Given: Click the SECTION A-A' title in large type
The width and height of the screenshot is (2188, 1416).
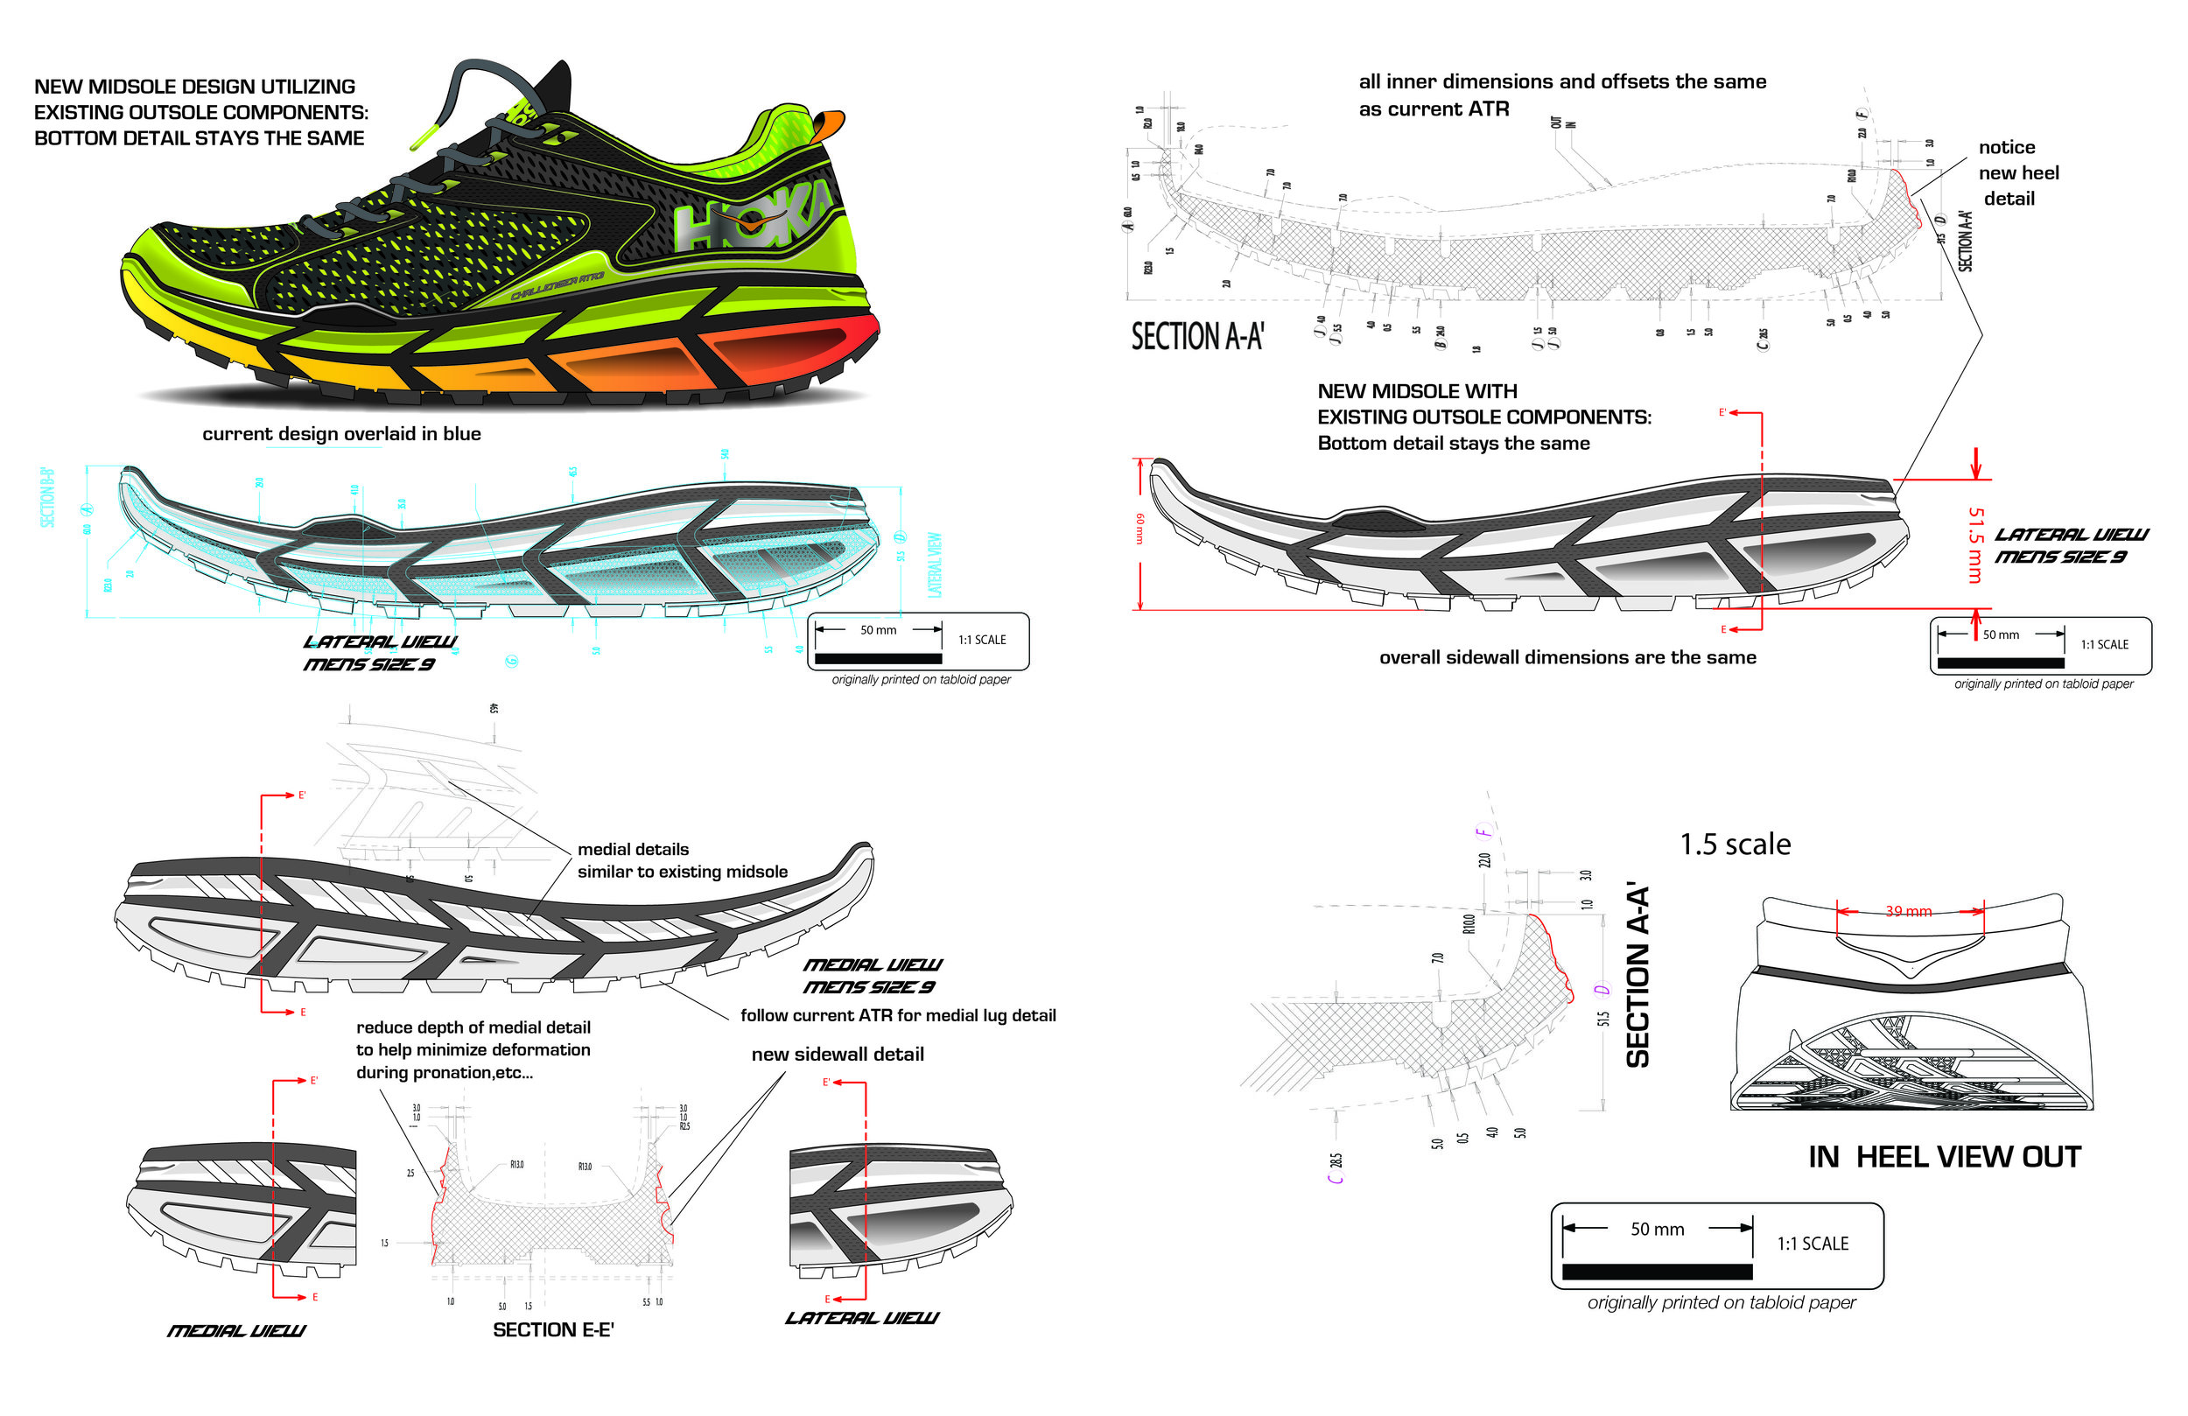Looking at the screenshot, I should (x=1197, y=337).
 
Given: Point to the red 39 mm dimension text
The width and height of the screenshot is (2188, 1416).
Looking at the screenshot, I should (x=1909, y=911).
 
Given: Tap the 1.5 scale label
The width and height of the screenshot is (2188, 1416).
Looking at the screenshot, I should (x=1735, y=844).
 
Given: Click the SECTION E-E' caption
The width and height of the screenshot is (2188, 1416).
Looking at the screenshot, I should (x=552, y=1329).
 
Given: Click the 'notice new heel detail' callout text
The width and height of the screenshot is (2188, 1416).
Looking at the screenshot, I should (x=2018, y=173).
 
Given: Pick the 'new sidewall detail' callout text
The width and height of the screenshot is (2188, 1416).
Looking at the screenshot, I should (x=837, y=1055).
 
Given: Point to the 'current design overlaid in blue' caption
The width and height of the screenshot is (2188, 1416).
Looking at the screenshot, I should (x=341, y=434).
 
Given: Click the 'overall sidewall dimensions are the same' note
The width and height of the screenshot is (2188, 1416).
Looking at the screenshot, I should (x=1567, y=657).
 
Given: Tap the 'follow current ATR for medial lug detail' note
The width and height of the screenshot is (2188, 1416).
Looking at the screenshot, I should (x=897, y=1015).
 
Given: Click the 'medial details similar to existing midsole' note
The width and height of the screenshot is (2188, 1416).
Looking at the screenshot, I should (x=681, y=860).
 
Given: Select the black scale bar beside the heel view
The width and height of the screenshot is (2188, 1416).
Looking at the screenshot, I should (x=1657, y=1272).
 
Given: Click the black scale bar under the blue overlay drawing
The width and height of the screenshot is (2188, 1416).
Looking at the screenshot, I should (x=877, y=658).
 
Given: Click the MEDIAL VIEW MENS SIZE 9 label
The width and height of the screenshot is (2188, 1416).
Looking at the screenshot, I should (x=871, y=976).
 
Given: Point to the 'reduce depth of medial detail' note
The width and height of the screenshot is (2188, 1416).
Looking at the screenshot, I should (x=473, y=1049).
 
